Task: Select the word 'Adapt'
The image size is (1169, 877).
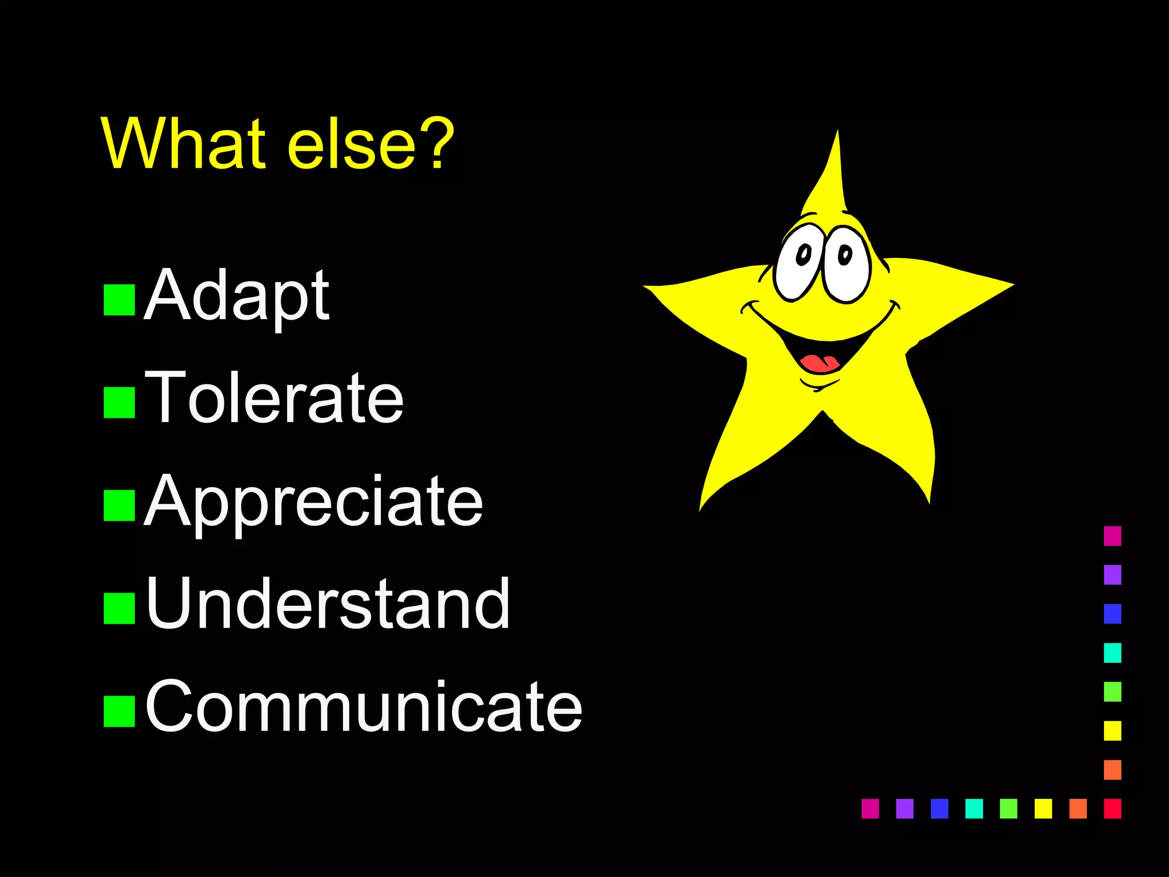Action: (237, 297)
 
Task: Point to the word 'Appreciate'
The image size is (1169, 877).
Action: (314, 502)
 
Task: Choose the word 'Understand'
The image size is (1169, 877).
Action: (328, 604)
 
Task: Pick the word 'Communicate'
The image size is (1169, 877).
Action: (364, 707)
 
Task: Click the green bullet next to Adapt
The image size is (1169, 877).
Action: (119, 300)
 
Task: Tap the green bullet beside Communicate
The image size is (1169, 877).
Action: (119, 711)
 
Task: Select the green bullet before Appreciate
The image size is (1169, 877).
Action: (119, 506)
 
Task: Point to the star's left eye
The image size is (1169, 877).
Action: (799, 263)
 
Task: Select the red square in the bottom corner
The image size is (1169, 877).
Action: (1112, 808)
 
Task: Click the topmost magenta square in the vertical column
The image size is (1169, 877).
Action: (1112, 536)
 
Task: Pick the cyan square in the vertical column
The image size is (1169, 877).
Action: (1112, 653)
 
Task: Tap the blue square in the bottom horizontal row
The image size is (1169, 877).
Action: (940, 808)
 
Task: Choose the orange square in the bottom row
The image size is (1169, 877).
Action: (1078, 808)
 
